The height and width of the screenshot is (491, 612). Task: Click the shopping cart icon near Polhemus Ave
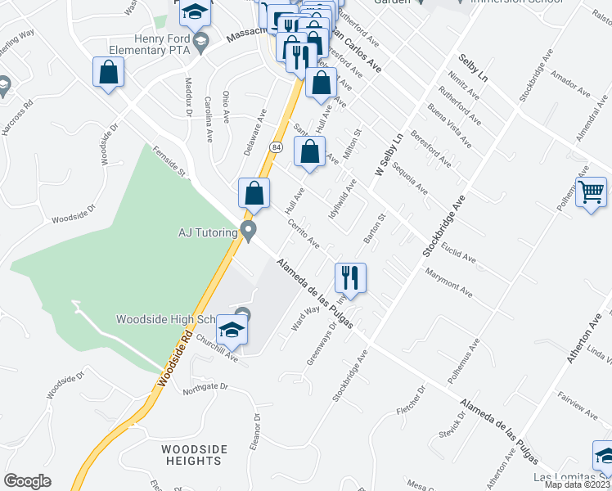[592, 194]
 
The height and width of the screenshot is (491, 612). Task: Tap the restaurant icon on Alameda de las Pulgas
[350, 277]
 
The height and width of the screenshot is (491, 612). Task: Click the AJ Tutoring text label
[207, 232]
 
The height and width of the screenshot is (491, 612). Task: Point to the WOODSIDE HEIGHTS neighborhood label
[191, 455]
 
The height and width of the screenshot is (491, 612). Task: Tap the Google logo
[28, 481]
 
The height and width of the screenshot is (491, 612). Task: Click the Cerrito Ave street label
[303, 234]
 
